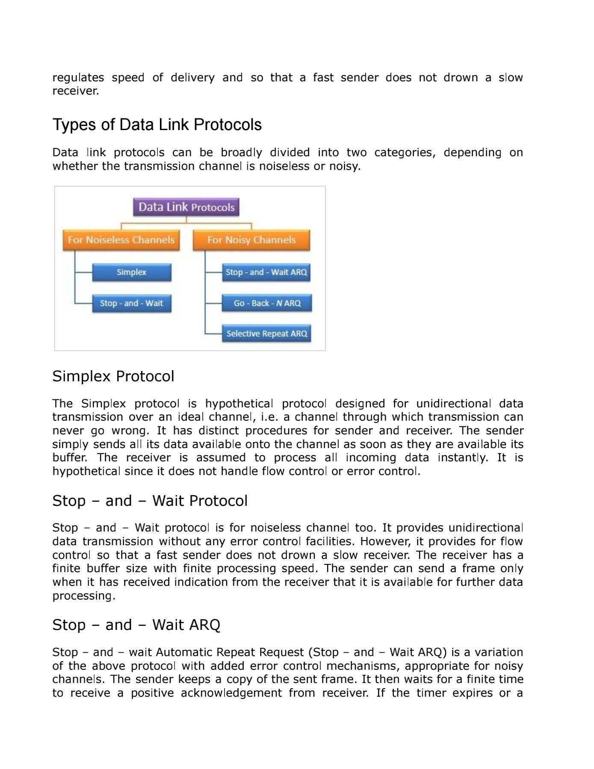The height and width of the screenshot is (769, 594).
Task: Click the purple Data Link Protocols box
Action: (186, 207)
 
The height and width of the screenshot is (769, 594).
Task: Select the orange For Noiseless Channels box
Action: (121, 240)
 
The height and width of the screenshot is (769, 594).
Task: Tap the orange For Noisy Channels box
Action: (251, 240)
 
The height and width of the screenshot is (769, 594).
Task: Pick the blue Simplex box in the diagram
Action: (132, 273)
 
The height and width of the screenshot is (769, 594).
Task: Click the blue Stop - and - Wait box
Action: (132, 303)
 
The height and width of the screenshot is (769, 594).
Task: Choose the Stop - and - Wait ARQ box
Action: (266, 273)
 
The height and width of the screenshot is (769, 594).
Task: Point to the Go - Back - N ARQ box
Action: (267, 303)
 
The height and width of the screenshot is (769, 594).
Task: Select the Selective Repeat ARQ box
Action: (266, 334)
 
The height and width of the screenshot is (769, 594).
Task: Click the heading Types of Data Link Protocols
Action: (157, 125)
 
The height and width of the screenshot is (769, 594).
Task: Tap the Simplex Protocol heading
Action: (113, 376)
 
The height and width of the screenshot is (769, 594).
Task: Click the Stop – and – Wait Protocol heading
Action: (150, 501)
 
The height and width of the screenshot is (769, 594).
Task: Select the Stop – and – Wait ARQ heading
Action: (136, 625)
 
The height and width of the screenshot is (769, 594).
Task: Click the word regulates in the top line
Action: (78, 78)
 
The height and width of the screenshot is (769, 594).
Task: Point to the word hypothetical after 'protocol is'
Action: (239, 404)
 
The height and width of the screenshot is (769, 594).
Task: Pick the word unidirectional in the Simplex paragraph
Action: (453, 404)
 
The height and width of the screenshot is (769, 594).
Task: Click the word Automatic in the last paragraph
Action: (184, 652)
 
